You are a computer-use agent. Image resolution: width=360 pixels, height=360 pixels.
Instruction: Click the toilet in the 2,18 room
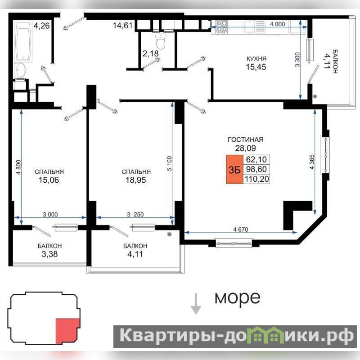[161, 41]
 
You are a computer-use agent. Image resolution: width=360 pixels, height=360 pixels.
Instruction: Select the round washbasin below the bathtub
[20, 70]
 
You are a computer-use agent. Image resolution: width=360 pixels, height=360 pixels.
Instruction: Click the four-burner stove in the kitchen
[221, 27]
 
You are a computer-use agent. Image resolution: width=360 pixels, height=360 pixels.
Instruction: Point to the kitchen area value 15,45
[256, 67]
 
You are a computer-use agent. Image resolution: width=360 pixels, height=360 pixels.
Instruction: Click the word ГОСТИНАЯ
[245, 139]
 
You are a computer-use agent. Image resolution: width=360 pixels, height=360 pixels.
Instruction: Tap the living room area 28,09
[245, 148]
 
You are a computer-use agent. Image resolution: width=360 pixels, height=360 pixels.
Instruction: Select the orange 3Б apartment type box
[234, 170]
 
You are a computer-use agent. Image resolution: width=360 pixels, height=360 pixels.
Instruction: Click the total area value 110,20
[256, 179]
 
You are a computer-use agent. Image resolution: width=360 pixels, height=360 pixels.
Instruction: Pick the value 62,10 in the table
[256, 159]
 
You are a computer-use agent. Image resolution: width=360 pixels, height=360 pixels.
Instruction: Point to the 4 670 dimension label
[241, 229]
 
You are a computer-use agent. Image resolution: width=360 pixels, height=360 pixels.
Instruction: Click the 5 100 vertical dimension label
[169, 164]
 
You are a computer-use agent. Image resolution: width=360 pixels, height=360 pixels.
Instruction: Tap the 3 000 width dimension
[50, 215]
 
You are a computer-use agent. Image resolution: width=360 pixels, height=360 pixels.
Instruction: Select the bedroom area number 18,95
[135, 180]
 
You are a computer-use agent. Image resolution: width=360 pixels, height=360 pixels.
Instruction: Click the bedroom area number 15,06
[49, 180]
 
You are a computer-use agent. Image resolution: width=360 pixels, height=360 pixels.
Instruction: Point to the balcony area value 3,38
[49, 254]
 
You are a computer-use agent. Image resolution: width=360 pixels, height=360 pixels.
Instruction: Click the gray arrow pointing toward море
[196, 303]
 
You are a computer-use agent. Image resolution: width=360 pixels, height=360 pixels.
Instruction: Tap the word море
[238, 298]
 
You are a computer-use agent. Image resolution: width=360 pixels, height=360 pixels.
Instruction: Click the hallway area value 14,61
[122, 25]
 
